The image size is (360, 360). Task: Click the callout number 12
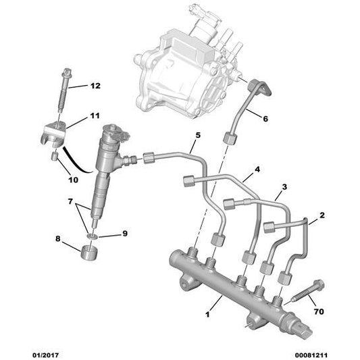click(95, 86)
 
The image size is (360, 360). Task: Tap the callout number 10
click(73, 180)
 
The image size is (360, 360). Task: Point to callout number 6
click(264, 118)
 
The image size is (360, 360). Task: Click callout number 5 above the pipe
click(198, 136)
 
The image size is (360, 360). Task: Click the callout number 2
click(322, 215)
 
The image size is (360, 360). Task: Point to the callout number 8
click(57, 238)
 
